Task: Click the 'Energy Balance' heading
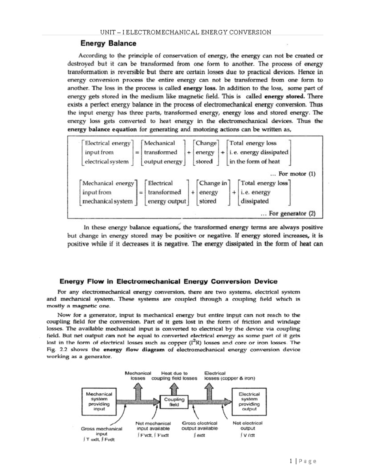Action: pyautogui.click(x=108, y=43)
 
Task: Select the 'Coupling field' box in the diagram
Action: pyautogui.click(x=174, y=402)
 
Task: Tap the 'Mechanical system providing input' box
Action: pyautogui.click(x=99, y=401)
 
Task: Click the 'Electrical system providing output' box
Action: pyautogui.click(x=249, y=401)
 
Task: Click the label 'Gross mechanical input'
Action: pyautogui.click(x=102, y=431)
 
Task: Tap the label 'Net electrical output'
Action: pyautogui.click(x=247, y=425)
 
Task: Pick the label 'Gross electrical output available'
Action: pyautogui.click(x=200, y=425)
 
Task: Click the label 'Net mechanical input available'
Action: pyautogui.click(x=153, y=425)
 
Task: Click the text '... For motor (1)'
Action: pyautogui.click(x=293, y=174)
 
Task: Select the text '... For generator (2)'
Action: pyautogui.click(x=288, y=213)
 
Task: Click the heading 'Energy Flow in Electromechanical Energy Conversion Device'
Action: pyautogui.click(x=168, y=281)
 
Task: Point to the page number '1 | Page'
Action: pyautogui.click(x=303, y=461)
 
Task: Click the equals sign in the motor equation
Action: pyautogui.click(x=137, y=153)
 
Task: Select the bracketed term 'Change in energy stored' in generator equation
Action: pyautogui.click(x=213, y=192)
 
